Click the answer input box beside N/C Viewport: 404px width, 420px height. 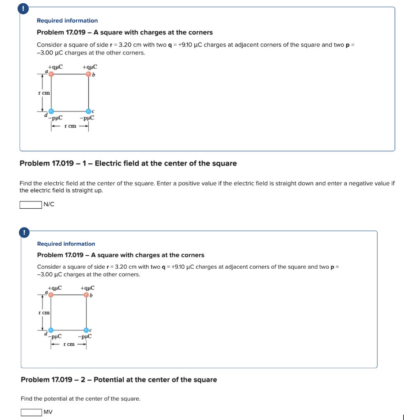pos(30,205)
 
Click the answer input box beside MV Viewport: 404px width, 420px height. pos(31,412)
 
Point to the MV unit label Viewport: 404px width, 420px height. pos(48,412)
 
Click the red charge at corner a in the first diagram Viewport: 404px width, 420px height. pos(51,74)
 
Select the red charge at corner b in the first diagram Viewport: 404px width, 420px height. pos(88,74)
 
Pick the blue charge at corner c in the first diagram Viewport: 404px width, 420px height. pos(88,111)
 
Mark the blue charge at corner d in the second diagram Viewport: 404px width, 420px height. pos(50,330)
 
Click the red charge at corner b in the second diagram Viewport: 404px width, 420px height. pos(86,294)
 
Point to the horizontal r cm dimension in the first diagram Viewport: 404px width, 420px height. pos(70,126)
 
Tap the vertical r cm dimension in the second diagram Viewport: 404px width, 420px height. pos(44,313)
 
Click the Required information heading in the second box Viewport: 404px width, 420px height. pos(66,244)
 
